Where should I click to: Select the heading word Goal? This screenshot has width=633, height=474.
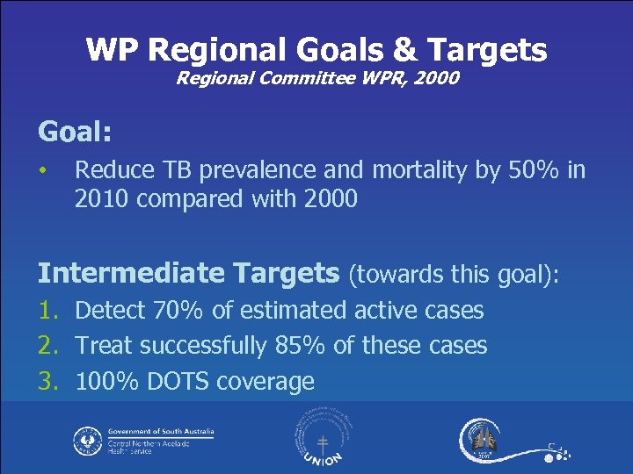[75, 132]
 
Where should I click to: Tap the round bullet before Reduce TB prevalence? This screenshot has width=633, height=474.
[43, 169]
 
